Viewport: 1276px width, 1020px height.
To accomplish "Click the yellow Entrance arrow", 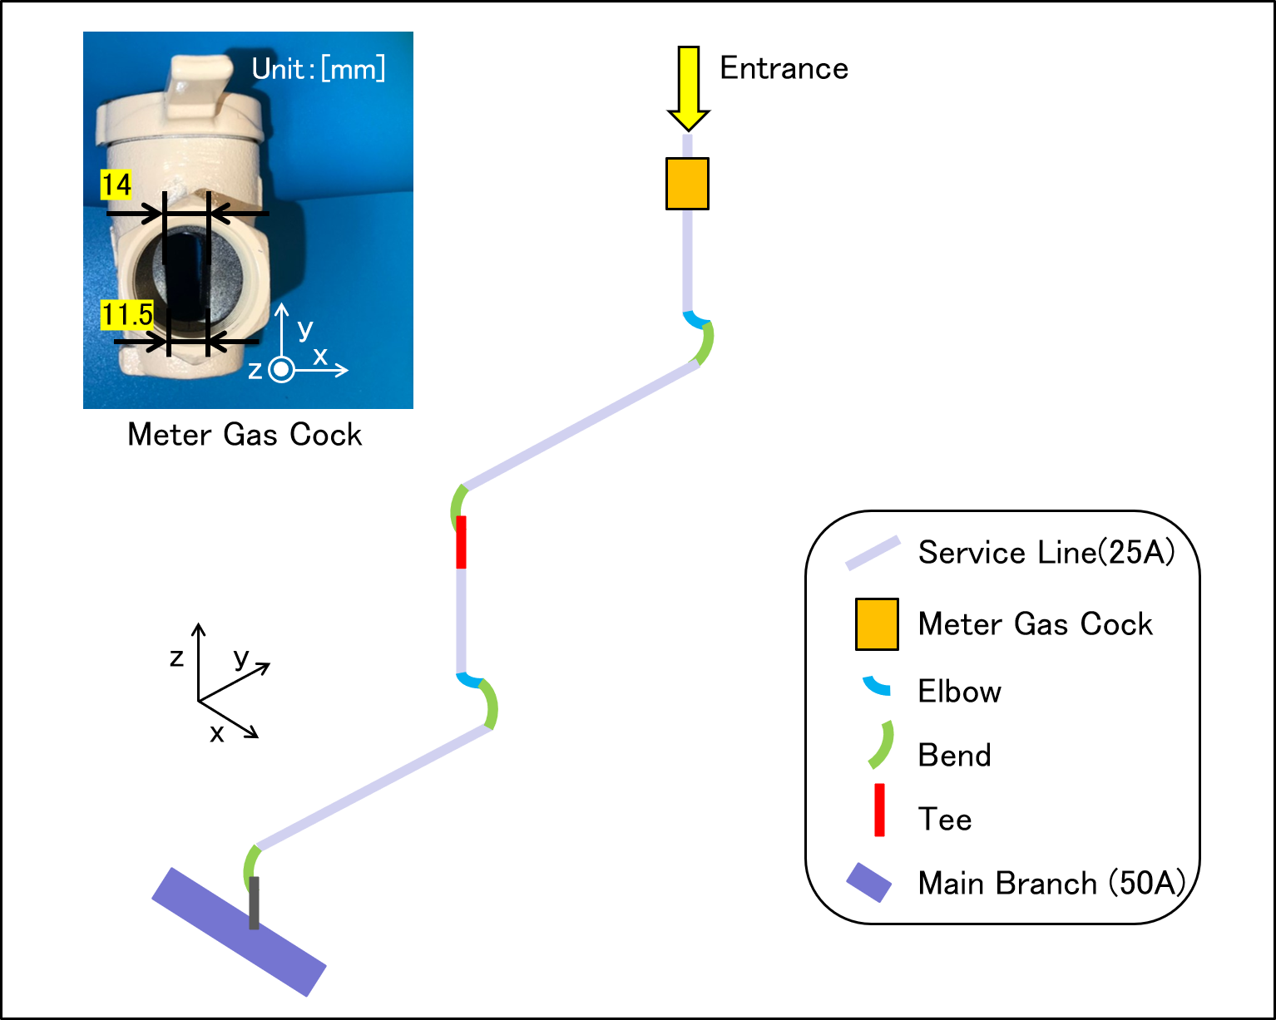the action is coord(689,88).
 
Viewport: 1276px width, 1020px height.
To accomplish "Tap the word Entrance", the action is coord(784,68).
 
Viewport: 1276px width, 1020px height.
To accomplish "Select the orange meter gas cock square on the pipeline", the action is coord(687,184).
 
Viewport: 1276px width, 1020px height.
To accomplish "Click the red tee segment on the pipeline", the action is coord(461,542).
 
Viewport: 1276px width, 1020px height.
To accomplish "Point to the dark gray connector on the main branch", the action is coord(254,903).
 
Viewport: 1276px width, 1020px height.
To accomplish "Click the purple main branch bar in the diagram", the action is coord(239,932).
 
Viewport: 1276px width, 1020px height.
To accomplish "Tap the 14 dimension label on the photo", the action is coord(116,185).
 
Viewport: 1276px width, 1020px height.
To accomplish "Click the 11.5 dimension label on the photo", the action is coord(127,314).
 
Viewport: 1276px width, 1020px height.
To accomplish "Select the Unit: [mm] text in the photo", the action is coord(319,69).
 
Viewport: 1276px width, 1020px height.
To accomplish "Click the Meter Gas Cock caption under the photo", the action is coord(245,435).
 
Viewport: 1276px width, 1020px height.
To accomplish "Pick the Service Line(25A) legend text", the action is coord(1046,552).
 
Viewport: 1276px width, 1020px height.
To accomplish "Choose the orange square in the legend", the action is coord(877,624).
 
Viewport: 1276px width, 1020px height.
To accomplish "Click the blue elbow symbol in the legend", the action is coord(877,687).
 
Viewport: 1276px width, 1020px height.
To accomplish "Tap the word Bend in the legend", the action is coord(955,755).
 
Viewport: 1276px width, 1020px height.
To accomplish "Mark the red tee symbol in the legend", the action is coord(879,810).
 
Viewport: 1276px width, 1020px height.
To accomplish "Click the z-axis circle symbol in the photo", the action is coord(281,370).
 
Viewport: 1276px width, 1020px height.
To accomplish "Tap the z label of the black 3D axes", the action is coord(176,658).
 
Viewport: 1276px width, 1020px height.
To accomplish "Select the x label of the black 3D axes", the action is coord(217,734).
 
